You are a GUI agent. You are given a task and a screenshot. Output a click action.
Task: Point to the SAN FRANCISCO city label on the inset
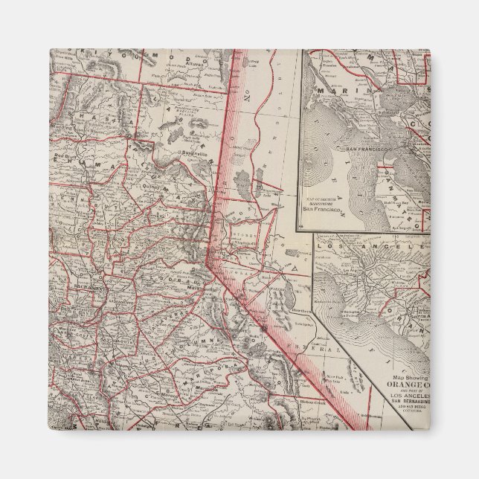click(363, 149)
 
